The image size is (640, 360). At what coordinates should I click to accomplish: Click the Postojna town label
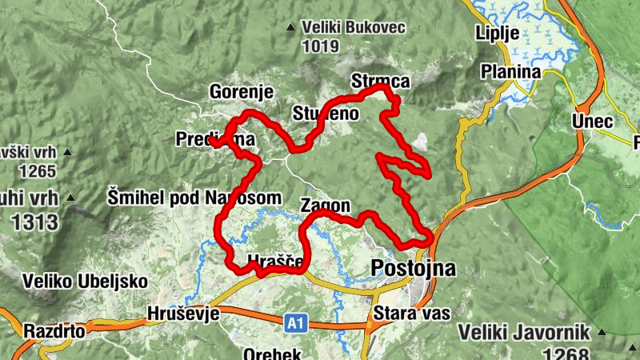coord(414,268)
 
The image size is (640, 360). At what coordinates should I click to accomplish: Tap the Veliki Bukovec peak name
coord(355,28)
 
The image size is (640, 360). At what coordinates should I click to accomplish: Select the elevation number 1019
coord(321,46)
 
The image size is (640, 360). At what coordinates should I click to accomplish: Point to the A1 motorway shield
coord(295,323)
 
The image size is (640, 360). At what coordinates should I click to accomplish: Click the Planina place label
coord(510,72)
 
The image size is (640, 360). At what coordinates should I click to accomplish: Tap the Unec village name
coord(592,122)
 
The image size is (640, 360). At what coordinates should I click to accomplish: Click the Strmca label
coord(380,82)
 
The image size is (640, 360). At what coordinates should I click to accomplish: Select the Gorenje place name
coord(242,92)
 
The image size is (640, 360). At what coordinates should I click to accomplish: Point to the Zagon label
coord(326,206)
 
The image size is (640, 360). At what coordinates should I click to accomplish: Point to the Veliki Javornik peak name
coord(524,332)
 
